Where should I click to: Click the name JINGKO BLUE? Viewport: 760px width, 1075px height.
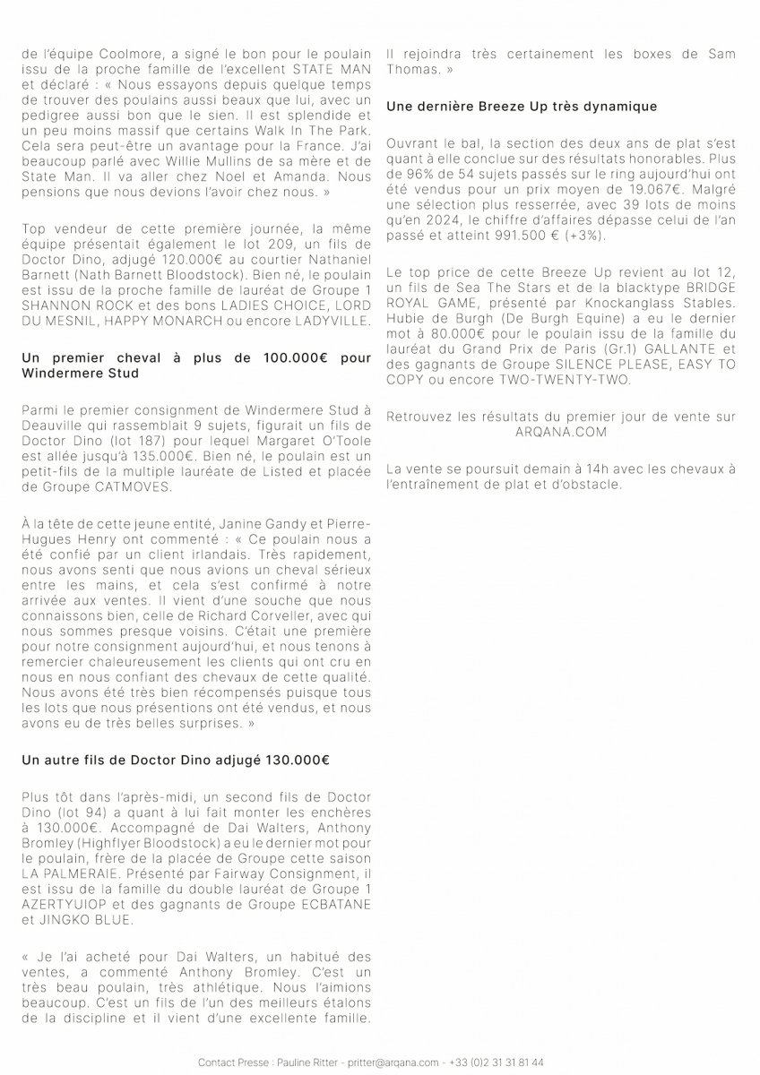pos(85,919)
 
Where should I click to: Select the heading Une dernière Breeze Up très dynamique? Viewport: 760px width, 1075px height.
pos(522,107)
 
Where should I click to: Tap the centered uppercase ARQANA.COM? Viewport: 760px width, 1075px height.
pos(560,432)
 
